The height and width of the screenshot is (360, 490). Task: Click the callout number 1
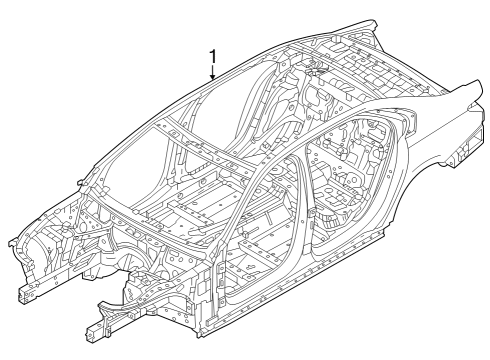tap(211, 56)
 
